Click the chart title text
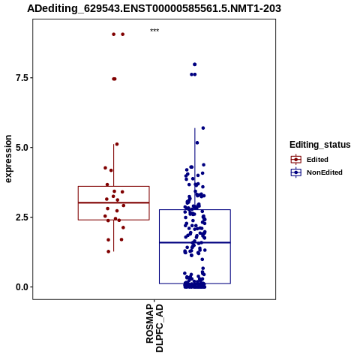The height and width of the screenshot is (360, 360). click(x=154, y=9)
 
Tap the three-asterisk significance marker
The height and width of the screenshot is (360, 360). click(x=154, y=31)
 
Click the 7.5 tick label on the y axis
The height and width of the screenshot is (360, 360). click(x=21, y=78)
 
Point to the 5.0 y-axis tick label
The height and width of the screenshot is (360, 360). click(x=21, y=148)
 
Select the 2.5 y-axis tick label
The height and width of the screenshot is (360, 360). click(x=21, y=217)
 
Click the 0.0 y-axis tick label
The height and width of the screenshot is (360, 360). click(x=21, y=287)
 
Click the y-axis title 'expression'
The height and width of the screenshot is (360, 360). click(x=8, y=159)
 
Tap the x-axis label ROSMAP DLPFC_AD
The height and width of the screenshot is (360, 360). click(x=154, y=328)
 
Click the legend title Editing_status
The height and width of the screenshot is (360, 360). click(x=320, y=145)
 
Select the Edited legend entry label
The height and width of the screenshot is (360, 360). click(x=317, y=160)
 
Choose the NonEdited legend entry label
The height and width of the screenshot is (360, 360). click(x=325, y=172)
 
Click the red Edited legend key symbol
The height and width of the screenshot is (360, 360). click(x=296, y=160)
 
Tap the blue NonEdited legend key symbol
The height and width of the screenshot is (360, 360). click(x=296, y=172)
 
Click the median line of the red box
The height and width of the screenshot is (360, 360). click(x=114, y=202)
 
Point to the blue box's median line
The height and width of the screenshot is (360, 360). click(x=195, y=242)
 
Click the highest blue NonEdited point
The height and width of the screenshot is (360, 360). click(x=195, y=64)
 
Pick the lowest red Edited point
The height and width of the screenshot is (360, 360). click(x=109, y=251)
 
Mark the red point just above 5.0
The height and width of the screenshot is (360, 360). click(x=117, y=144)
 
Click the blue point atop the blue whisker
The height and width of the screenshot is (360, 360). click(x=203, y=128)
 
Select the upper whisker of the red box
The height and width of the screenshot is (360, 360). click(x=114, y=165)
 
